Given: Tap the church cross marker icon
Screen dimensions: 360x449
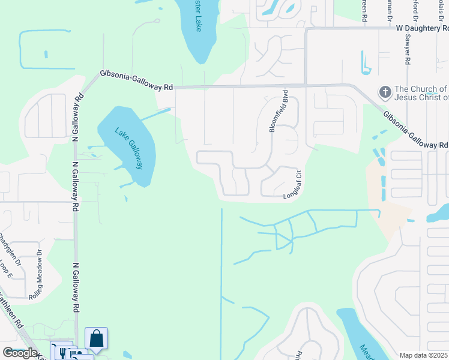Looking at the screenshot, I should coord(384,92).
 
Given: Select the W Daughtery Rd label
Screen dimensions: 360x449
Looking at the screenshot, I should coord(422,28).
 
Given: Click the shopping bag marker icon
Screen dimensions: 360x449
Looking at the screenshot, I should coord(96,339).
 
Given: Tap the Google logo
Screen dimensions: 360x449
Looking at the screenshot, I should coord(20,353).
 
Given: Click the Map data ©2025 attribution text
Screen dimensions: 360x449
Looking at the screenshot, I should coord(424,355).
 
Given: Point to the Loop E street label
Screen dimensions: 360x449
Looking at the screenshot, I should coord(6,270).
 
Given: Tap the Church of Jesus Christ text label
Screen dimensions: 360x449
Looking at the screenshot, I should coord(420,93).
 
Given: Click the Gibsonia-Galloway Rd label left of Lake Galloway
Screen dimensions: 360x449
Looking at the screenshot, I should coord(136,80).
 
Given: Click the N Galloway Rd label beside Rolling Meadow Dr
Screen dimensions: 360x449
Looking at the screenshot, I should coord(76,287).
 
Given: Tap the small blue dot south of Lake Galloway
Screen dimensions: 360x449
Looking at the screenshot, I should coord(126,199).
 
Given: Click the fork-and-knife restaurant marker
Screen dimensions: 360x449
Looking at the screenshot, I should coord(62,350).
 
